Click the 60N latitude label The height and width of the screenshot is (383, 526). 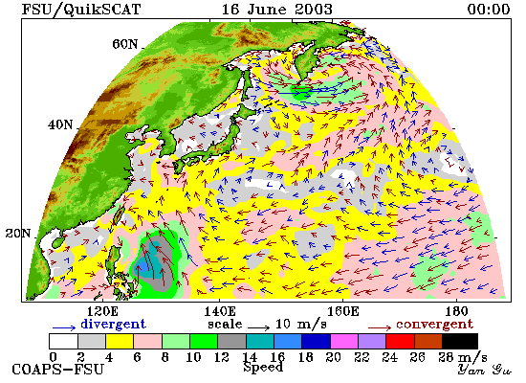[x=124, y=44]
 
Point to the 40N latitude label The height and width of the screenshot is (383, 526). [x=60, y=125]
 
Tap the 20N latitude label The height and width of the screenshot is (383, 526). [x=18, y=234]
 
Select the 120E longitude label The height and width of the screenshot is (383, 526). [x=102, y=311]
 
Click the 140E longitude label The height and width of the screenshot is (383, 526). [x=220, y=311]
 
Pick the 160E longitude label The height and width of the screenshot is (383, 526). [x=342, y=311]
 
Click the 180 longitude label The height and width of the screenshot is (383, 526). [x=456, y=311]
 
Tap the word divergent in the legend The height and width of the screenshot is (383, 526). [x=114, y=324]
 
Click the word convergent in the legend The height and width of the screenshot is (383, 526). [x=434, y=325]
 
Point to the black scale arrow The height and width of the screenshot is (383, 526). [x=258, y=327]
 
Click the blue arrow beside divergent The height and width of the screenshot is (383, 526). [x=64, y=327]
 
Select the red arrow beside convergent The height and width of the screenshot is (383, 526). [x=380, y=327]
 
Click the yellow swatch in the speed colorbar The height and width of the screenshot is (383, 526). [x=120, y=341]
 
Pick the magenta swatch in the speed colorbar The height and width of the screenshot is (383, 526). [x=344, y=341]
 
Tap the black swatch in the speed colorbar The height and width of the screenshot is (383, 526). [x=460, y=341]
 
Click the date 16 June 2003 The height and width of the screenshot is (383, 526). [x=277, y=9]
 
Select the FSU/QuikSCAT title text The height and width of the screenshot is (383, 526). [x=81, y=10]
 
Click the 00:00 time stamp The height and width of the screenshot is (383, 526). [x=489, y=9]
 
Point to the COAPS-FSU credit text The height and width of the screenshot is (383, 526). [x=57, y=370]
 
